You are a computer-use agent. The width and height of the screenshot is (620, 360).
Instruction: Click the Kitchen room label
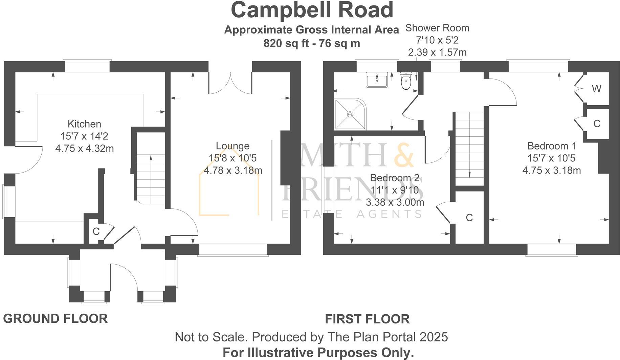tap(84, 124)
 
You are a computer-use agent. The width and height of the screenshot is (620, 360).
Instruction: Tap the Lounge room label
tap(232, 146)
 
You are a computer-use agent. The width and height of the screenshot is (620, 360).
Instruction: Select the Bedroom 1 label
tap(551, 146)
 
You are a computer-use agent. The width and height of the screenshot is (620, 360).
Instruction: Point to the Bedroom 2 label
tap(395, 178)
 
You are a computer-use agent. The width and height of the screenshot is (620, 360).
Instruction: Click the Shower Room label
tap(437, 28)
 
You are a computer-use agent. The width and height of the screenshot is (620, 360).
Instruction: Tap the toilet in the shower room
tap(405, 81)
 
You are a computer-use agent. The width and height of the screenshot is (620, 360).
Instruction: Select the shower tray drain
tap(350, 114)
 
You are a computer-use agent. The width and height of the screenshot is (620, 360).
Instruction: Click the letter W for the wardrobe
tap(596, 89)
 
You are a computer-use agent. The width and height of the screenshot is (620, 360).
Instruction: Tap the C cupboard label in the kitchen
tap(96, 232)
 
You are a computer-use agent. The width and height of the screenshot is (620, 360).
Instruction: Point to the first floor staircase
tap(469, 149)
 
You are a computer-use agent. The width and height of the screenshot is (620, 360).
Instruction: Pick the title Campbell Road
tap(312, 10)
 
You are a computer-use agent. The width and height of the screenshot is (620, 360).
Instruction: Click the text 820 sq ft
tap(285, 44)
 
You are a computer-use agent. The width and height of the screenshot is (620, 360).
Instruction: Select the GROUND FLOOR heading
tap(56, 319)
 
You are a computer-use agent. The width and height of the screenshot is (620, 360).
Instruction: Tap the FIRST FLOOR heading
tap(367, 319)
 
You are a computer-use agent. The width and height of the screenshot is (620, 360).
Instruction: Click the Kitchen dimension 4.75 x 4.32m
tap(84, 149)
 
